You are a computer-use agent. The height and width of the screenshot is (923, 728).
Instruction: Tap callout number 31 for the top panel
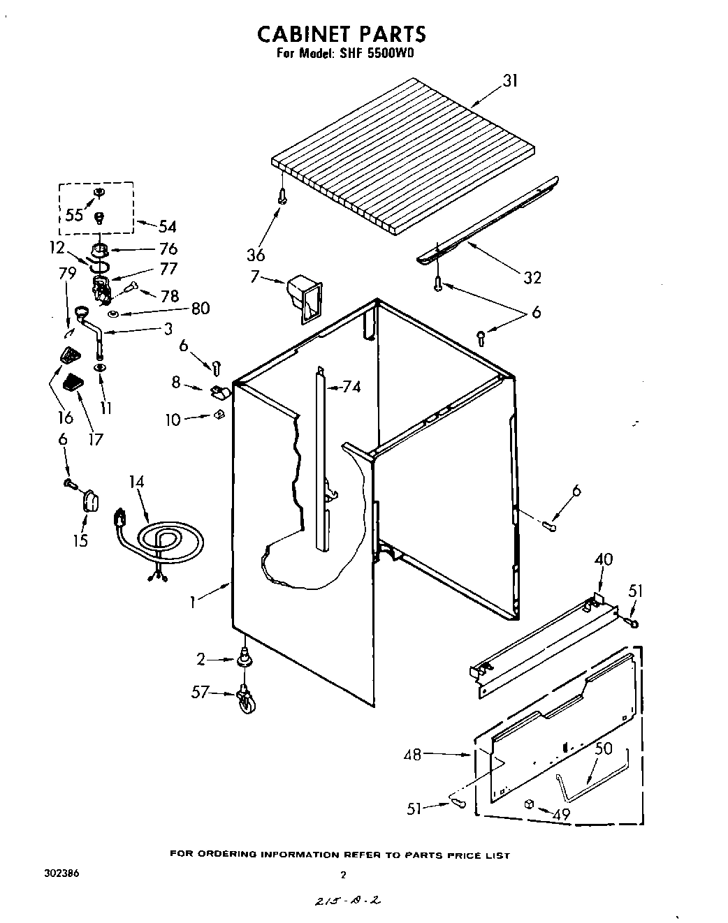click(511, 81)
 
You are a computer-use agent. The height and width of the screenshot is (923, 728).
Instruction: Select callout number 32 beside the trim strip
click(532, 278)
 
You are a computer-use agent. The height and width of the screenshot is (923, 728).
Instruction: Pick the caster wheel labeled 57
click(245, 699)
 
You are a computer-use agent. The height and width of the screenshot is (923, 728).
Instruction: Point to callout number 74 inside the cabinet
click(351, 386)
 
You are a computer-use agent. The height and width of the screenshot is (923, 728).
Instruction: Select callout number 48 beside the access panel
click(413, 754)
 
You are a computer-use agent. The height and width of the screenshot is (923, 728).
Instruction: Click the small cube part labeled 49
click(529, 804)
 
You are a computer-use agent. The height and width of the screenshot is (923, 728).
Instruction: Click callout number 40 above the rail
click(603, 559)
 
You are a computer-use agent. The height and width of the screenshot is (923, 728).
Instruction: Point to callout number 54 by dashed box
click(167, 226)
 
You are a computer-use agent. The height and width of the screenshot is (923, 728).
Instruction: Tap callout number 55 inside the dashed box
click(74, 215)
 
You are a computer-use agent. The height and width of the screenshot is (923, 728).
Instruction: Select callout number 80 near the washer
click(200, 308)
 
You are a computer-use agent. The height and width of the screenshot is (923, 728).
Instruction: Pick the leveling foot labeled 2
click(245, 657)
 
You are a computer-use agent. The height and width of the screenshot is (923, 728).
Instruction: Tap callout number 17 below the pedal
click(95, 439)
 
